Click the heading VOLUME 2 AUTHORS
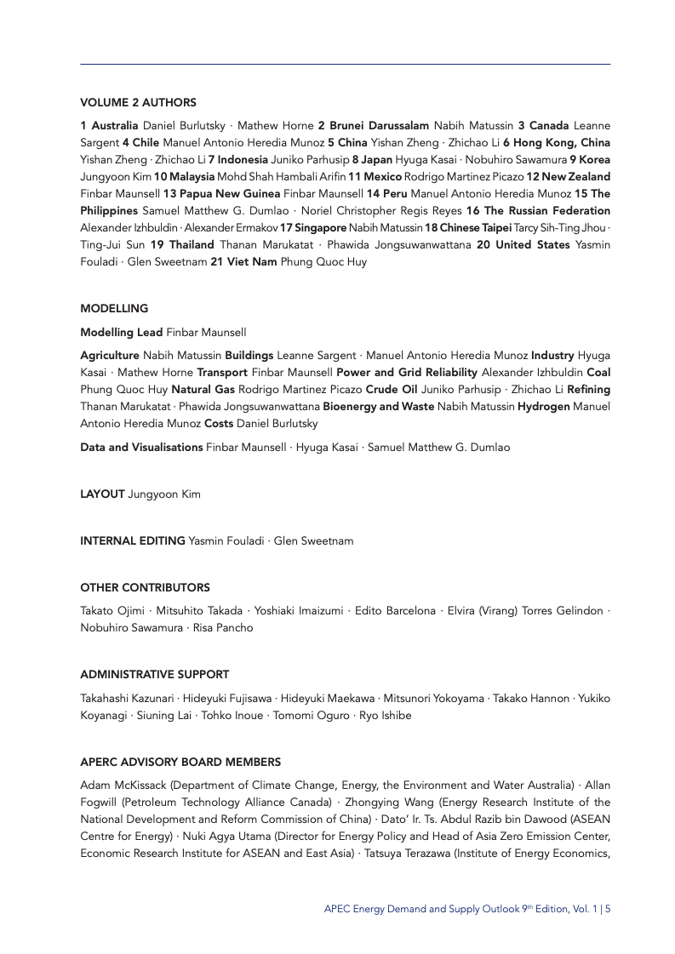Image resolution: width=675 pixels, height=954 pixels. click(138, 102)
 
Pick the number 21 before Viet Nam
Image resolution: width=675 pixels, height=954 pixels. click(216, 262)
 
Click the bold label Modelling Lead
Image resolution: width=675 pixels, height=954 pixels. click(121, 332)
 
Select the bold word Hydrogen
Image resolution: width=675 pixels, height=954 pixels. click(544, 406)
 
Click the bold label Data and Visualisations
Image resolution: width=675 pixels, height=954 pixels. click(141, 447)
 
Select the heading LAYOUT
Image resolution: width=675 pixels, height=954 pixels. click(102, 494)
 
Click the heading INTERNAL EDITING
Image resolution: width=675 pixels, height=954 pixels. click(133, 540)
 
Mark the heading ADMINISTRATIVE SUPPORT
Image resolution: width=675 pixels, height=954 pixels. click(154, 675)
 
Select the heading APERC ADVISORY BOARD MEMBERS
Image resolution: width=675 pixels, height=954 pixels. click(180, 762)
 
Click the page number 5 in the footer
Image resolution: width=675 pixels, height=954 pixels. click(608, 909)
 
